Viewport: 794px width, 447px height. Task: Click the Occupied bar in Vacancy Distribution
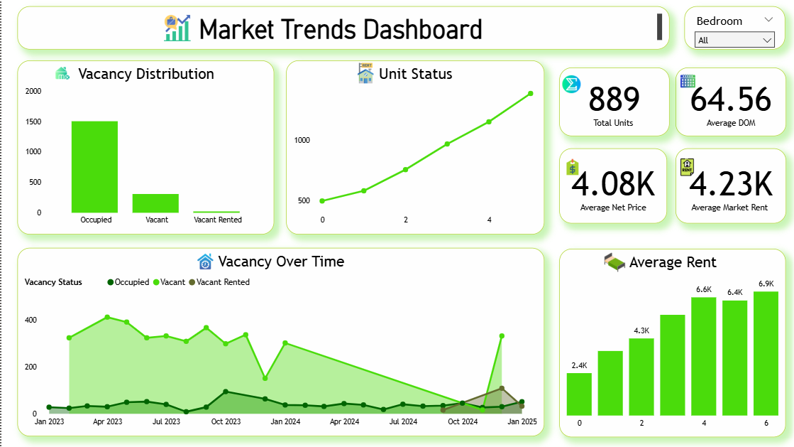94,166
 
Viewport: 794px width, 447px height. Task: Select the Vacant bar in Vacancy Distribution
155,203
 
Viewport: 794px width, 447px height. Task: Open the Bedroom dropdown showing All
734,41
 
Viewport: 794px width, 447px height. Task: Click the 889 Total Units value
614,99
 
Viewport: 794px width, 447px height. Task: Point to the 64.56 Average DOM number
730,99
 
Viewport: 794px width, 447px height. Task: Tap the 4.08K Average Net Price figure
614,183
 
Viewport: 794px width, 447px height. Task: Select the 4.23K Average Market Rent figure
730,183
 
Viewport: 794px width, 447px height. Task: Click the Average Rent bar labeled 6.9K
766,352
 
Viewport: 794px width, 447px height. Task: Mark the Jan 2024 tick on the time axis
285,421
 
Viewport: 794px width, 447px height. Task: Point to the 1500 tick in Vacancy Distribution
33,122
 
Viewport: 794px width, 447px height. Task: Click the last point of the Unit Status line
530,93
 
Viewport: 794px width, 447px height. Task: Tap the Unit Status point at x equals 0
322,201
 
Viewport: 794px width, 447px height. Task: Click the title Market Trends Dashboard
341,29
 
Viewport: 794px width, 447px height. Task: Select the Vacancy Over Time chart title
281,262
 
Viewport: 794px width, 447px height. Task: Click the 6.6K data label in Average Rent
704,289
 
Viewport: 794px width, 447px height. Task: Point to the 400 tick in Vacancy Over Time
31,320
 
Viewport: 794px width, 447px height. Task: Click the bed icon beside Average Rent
614,262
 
